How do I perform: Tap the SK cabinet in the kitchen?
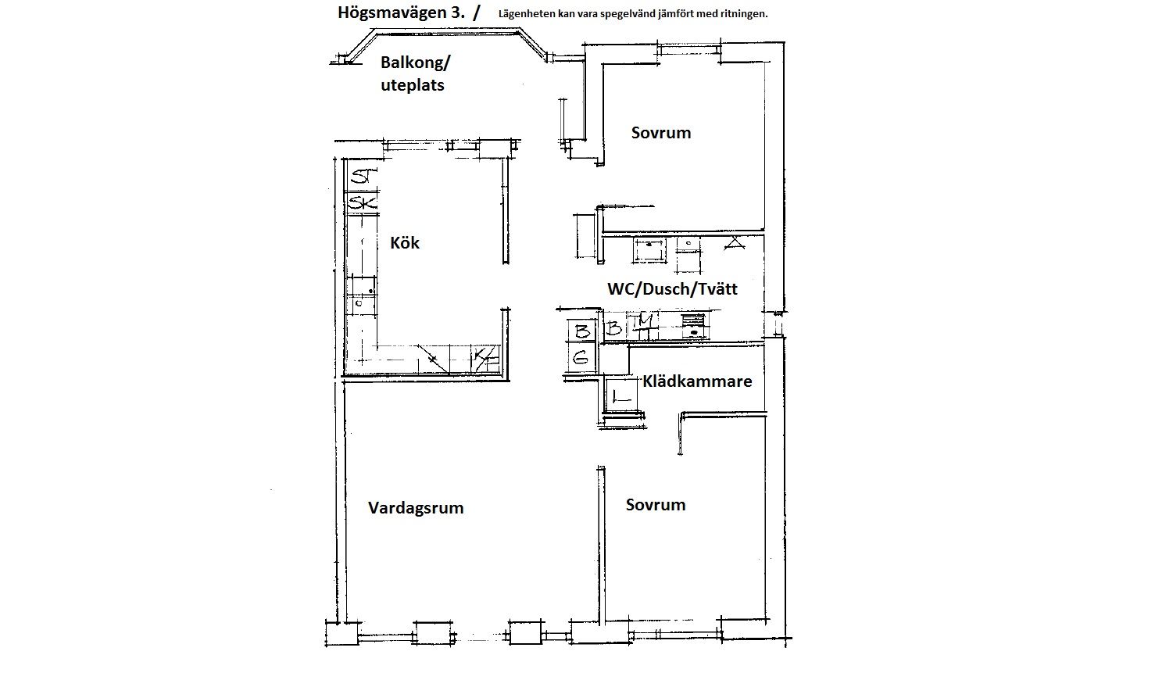coord(362,202)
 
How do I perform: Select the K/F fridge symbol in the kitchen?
coord(485,359)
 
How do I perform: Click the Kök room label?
coord(405,243)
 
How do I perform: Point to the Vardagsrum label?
coord(416,508)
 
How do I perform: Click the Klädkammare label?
coord(697,381)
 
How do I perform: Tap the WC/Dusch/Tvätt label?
coord(672,289)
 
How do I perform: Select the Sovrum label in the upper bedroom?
coord(661,133)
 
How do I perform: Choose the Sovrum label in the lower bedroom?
coord(656,505)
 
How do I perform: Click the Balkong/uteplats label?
coord(415,73)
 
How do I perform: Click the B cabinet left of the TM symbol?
coord(615,327)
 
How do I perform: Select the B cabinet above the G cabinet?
coord(581,331)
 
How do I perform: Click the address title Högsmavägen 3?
coord(401,13)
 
